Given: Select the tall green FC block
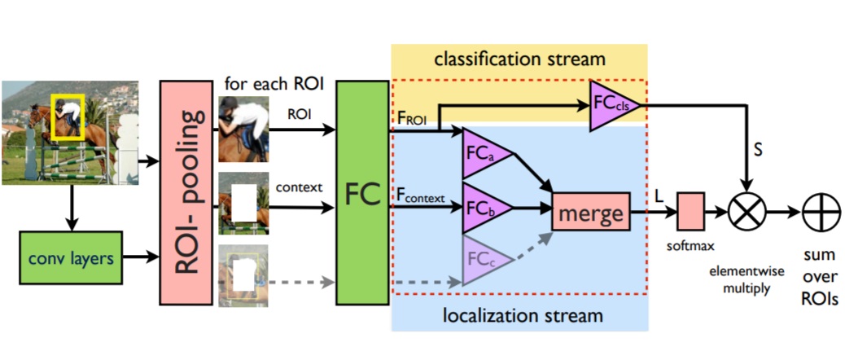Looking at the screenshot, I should (363, 192).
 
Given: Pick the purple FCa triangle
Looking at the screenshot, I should (480, 153).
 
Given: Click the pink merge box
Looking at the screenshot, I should (590, 214).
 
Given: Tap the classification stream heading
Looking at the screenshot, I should (519, 59).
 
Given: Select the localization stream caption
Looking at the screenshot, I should (519, 314).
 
